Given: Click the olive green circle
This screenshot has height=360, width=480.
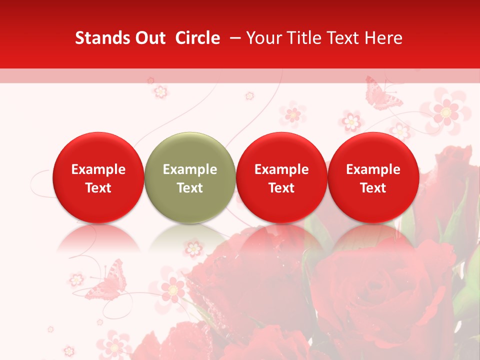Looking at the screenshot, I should tap(190, 177).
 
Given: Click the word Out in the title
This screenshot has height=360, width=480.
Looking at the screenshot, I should tap(148, 38).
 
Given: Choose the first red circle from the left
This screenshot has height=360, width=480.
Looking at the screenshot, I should tap(98, 177).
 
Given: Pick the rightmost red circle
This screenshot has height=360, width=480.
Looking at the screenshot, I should tap(373, 177).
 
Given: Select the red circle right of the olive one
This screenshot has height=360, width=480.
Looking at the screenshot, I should tap(281, 177).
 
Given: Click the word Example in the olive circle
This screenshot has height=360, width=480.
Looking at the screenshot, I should tap(190, 169).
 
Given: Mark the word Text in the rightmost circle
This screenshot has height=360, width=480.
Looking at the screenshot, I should tap(373, 188).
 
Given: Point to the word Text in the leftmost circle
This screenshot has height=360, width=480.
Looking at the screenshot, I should tap(98, 188).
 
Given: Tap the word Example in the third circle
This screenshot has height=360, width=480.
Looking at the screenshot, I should tap(281, 169).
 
